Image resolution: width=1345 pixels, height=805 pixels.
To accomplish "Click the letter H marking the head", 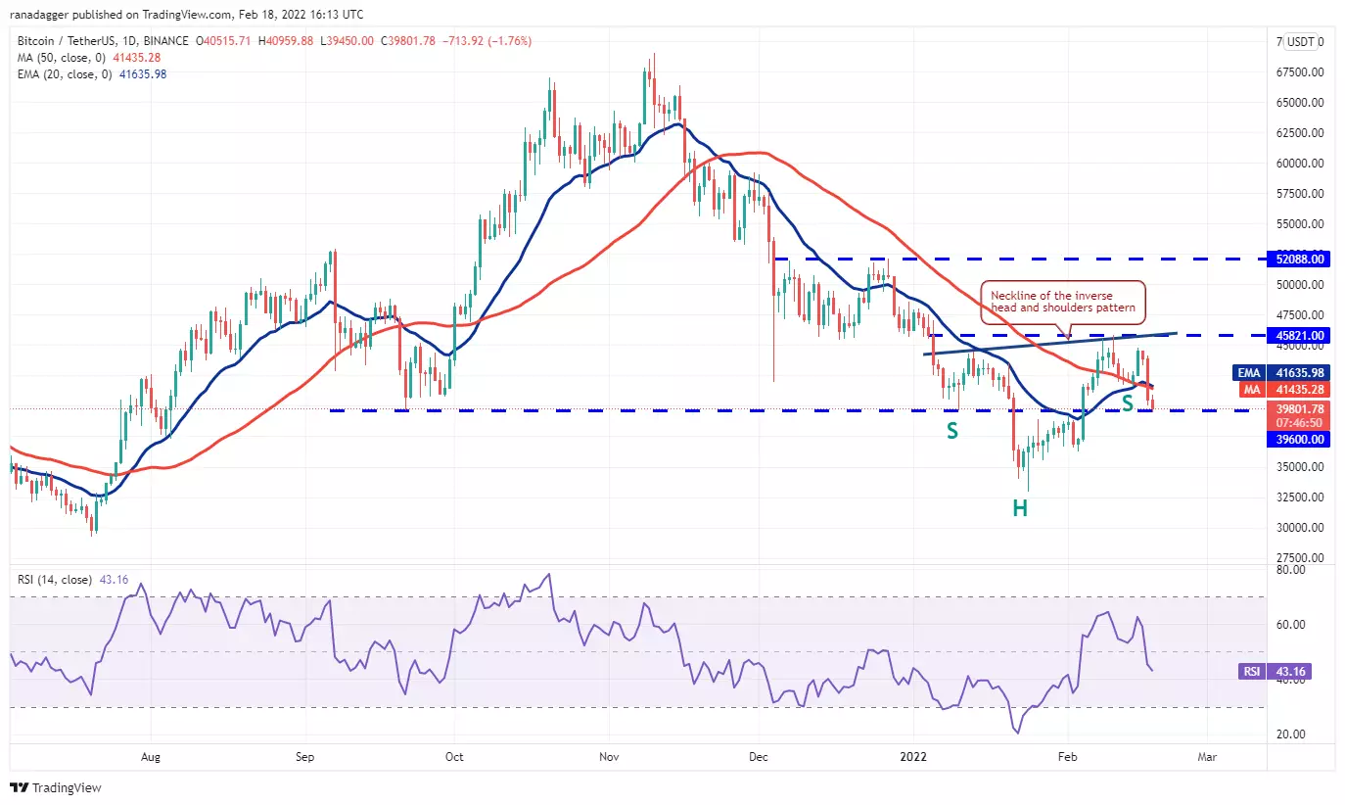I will tap(1019, 508).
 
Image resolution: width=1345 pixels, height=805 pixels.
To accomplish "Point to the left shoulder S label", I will tap(951, 430).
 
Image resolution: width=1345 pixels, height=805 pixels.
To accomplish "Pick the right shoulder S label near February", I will tap(1128, 402).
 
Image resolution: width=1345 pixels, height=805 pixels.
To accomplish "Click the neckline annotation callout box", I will tap(1062, 302).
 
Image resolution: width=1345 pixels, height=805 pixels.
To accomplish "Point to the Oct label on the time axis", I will tap(454, 756).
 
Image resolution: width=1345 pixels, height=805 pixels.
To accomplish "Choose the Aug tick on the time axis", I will tap(150, 756).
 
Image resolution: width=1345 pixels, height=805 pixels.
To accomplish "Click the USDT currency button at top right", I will tap(1303, 42).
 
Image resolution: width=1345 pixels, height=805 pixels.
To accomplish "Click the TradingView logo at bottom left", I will tap(56, 787).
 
